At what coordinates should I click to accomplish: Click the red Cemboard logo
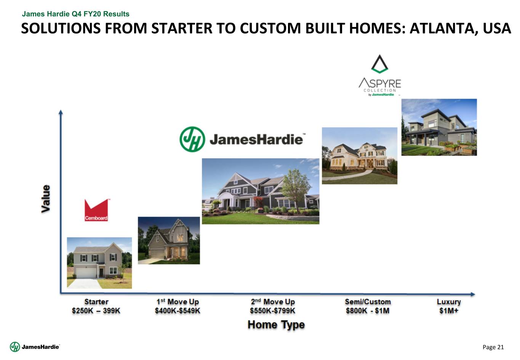(96, 210)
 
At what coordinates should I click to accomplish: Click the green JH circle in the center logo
(192, 139)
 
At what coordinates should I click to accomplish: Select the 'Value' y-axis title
(46, 199)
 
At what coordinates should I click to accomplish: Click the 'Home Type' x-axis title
(276, 325)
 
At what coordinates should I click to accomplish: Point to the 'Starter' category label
(96, 302)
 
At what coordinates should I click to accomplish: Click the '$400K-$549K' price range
(178, 311)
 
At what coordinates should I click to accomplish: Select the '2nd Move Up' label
(273, 302)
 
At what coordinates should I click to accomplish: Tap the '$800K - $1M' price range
(368, 311)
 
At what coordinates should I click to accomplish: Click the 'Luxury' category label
(449, 302)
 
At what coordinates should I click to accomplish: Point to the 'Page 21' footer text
(493, 347)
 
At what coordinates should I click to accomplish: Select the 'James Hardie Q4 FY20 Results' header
(76, 14)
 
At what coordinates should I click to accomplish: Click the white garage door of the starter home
(86, 273)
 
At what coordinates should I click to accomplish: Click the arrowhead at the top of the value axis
(61, 112)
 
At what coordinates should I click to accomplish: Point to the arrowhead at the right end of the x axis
(473, 294)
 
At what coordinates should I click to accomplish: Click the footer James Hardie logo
(35, 347)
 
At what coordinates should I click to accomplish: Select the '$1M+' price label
(449, 311)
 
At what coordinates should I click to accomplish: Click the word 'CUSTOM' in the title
(270, 29)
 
